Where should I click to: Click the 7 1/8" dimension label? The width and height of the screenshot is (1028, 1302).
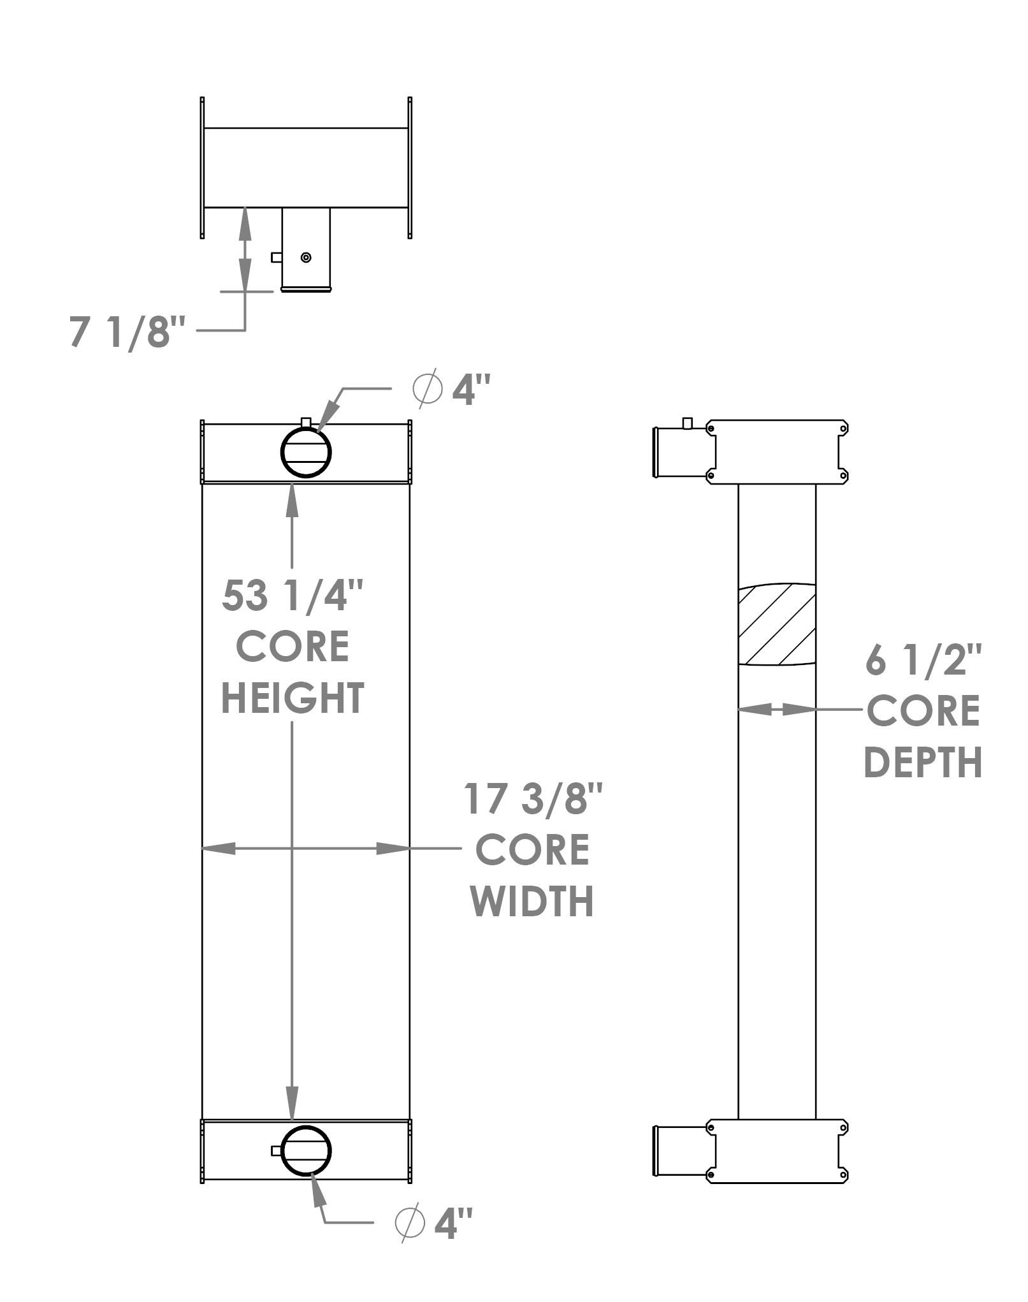point(127,332)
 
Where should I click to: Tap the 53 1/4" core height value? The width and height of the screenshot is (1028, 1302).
point(292,596)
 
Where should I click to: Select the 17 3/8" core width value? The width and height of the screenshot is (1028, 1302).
point(533,799)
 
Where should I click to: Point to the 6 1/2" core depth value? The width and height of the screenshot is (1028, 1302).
point(923,660)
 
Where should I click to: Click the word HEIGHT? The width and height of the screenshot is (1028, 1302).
point(292,698)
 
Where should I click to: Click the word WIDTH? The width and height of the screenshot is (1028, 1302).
point(532,902)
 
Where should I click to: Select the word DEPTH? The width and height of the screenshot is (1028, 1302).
point(922,763)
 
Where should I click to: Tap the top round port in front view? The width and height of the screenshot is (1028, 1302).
point(306,452)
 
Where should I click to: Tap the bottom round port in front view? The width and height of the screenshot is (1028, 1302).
point(306,1151)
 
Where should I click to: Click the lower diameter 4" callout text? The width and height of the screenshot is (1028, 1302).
point(454,1223)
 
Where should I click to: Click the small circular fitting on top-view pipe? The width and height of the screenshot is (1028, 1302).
point(306,258)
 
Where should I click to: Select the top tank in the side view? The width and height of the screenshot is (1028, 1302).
point(777,451)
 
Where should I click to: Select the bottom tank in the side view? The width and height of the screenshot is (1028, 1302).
point(777,1152)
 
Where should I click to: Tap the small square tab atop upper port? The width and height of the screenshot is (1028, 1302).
point(306,422)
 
